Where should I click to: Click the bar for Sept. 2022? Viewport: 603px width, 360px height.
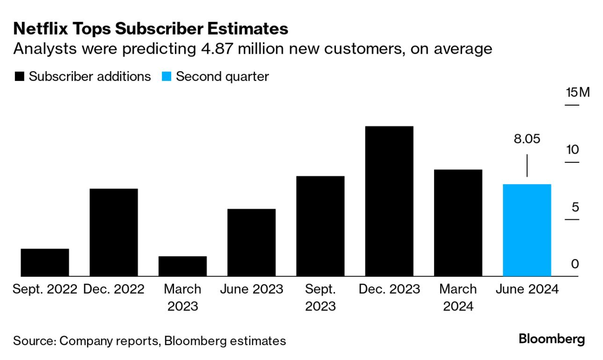point(45,262)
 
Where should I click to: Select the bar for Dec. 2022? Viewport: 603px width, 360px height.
point(114,232)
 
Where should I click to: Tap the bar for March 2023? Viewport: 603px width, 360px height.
point(182,266)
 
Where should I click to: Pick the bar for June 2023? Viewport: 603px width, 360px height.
point(251,242)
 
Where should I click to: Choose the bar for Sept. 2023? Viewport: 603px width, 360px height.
point(320,226)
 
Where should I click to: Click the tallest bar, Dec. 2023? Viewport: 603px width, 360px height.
point(389,201)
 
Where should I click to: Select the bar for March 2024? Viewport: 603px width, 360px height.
point(458,223)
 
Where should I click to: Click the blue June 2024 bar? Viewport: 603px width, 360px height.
point(527,230)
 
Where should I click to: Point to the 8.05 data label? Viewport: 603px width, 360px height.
point(527,139)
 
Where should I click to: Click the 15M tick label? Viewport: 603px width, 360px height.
point(578,92)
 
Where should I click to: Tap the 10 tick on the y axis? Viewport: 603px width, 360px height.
point(572,150)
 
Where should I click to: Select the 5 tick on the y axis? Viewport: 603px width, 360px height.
point(575,207)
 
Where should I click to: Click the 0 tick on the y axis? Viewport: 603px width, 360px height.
point(575,264)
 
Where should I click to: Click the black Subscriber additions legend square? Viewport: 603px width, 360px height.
point(19,77)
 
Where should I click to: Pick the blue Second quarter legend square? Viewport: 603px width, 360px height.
point(167,77)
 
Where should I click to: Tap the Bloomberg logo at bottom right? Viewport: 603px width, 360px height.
point(552,339)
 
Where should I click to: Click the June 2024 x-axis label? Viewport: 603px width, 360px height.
point(527,289)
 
